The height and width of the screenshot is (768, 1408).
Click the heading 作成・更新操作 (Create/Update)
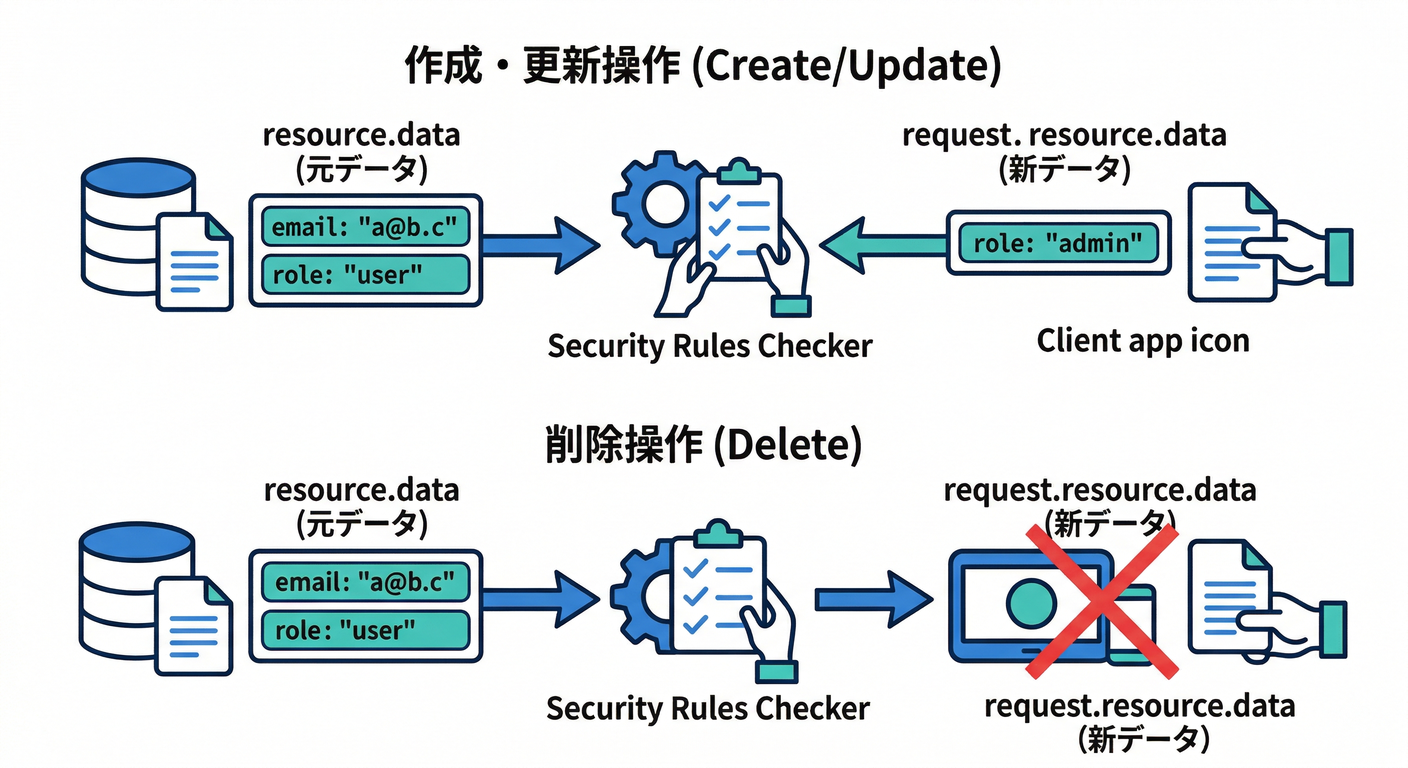[x=702, y=67]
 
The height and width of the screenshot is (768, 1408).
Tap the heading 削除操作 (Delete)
[x=702, y=444]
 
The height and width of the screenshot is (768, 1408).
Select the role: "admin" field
[x=1057, y=242]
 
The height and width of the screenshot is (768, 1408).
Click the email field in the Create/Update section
[x=365, y=227]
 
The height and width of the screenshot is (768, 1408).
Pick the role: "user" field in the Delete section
[x=365, y=630]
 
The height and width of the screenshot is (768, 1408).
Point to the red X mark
[x=1101, y=599]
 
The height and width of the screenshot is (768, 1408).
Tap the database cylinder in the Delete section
[x=135, y=590]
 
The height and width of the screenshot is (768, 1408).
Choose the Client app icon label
[x=1143, y=341]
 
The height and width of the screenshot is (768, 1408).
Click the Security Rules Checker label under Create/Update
[x=709, y=346]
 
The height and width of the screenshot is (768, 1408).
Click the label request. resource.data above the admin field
[x=1064, y=134]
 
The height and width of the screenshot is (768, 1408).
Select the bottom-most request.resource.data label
[x=1139, y=706]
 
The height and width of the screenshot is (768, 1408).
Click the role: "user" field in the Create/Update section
[x=365, y=274]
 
